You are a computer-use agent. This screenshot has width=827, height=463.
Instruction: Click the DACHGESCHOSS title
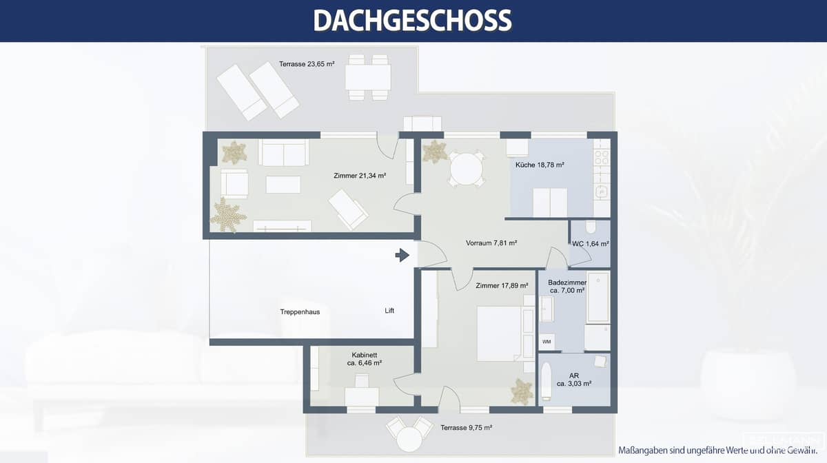[412, 21]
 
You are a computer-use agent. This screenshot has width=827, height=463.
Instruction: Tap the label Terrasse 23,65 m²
[307, 64]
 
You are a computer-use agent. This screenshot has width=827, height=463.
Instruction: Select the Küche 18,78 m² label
[540, 165]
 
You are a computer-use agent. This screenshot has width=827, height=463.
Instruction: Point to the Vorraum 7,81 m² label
[491, 243]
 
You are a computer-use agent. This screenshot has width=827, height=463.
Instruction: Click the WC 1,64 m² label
[590, 244]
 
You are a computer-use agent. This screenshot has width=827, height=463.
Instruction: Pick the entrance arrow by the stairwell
[402, 256]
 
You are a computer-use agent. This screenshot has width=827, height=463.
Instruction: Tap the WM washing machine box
[547, 342]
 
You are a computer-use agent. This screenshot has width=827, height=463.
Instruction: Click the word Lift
[389, 311]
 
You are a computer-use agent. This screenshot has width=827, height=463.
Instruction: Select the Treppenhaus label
[300, 311]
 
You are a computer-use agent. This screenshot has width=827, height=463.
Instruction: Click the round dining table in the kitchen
[467, 169]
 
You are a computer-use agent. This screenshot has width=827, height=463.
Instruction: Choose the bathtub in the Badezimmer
[597, 297]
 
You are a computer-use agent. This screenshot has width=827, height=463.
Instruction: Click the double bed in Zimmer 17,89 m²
[498, 333]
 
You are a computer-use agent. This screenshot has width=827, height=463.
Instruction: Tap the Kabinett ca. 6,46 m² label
[365, 358]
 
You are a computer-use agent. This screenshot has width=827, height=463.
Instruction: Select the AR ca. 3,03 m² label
[574, 380]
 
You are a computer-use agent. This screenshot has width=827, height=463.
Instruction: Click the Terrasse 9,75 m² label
[466, 428]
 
